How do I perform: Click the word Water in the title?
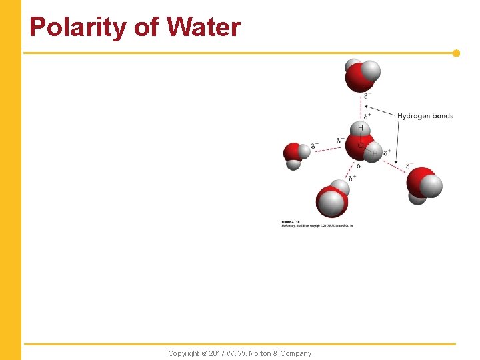(x=203, y=27)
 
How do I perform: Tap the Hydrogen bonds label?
(x=425, y=116)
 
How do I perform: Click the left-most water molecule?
(x=295, y=155)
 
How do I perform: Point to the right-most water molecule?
(x=424, y=184)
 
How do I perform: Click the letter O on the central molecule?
(x=361, y=144)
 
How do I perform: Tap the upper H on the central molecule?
(x=361, y=128)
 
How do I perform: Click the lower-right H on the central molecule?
(x=375, y=153)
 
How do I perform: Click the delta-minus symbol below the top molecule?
(x=366, y=96)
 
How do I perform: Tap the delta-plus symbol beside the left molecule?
(x=315, y=145)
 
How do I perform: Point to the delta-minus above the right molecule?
(x=409, y=165)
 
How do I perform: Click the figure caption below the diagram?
(x=317, y=224)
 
